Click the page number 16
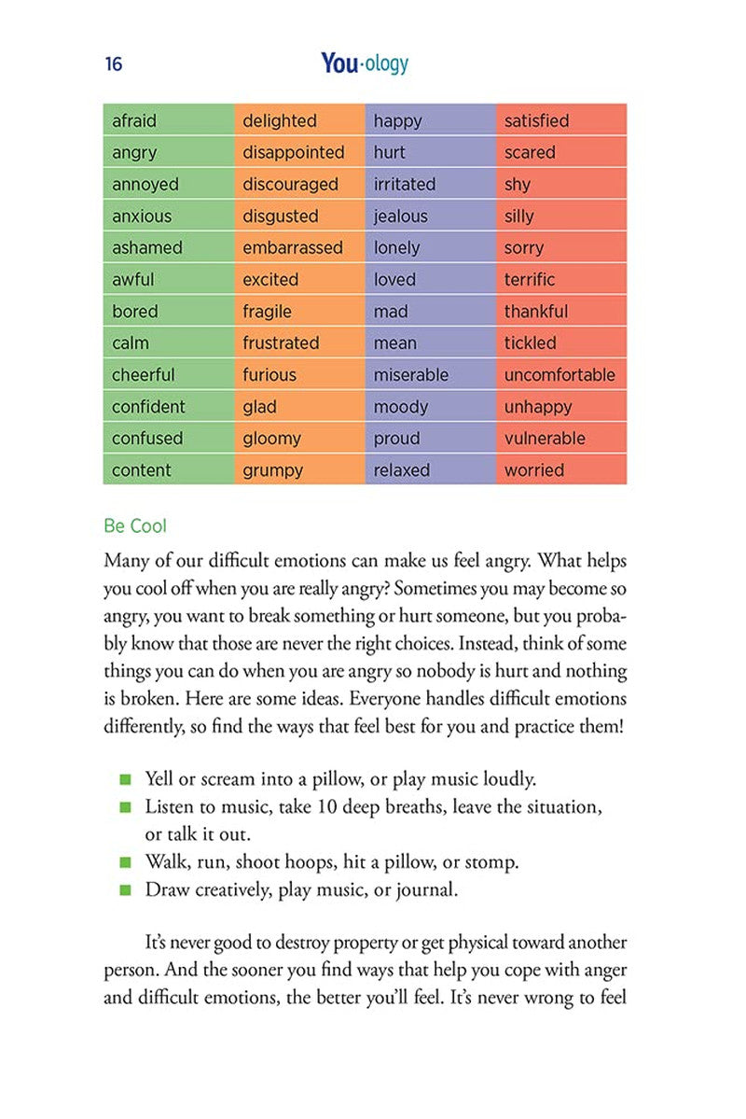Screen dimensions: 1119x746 tap(114, 64)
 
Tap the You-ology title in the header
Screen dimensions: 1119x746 tap(365, 63)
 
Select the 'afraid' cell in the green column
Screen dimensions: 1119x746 tap(134, 121)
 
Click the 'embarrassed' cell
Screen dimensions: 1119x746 tap(293, 248)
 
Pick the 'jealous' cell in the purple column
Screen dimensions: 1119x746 tap(401, 217)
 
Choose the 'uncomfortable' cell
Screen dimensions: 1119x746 tap(559, 375)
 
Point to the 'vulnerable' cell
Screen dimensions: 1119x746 tap(545, 439)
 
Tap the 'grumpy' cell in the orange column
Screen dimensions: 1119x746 tap(273, 470)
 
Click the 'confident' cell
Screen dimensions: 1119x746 tap(148, 407)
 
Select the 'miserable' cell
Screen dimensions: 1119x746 tap(411, 375)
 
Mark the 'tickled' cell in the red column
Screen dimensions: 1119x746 tap(530, 343)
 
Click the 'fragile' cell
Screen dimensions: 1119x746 tap(268, 312)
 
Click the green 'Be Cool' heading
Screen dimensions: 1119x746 tap(135, 526)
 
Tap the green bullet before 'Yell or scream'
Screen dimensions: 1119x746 tap(125, 779)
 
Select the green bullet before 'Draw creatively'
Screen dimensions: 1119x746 tap(125, 890)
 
